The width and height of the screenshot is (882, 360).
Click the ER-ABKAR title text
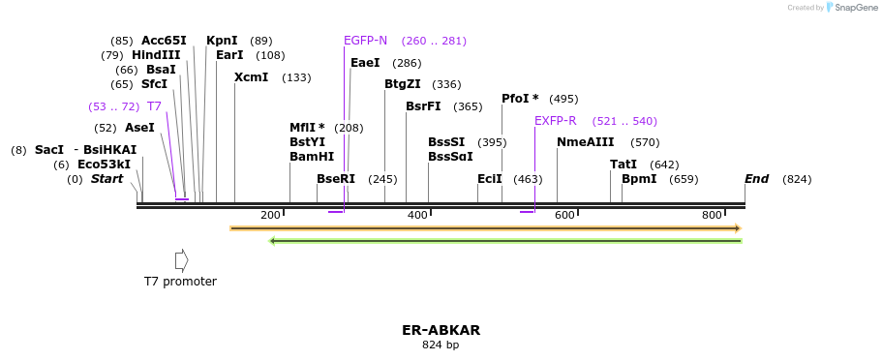click(x=441, y=330)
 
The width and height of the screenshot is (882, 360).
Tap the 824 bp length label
click(x=441, y=345)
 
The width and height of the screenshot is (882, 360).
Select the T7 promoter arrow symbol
click(x=181, y=260)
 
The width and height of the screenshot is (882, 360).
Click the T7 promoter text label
click(x=180, y=282)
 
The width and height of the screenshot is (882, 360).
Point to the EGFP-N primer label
click(x=365, y=41)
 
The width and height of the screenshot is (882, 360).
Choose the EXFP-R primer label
click(x=555, y=121)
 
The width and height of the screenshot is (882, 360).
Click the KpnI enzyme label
click(x=222, y=41)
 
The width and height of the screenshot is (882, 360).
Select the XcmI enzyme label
click(x=251, y=77)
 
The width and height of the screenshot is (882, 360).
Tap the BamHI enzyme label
click(x=311, y=157)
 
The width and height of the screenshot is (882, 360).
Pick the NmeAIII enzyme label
click(x=585, y=142)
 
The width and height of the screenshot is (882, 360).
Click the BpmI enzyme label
click(x=639, y=179)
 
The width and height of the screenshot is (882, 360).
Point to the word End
click(x=756, y=179)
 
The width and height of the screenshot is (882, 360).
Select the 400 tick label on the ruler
click(x=417, y=215)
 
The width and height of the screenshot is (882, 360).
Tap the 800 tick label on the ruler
click(x=712, y=215)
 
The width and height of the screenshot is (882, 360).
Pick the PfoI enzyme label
click(x=519, y=99)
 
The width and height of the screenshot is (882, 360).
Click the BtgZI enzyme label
click(x=402, y=84)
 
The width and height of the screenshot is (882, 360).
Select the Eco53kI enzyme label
click(x=104, y=165)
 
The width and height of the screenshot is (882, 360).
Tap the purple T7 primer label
click(x=154, y=106)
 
